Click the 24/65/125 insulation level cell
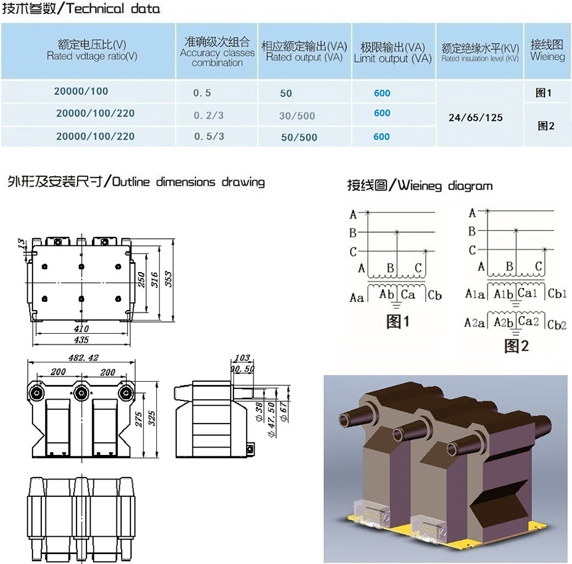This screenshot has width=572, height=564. (476, 118)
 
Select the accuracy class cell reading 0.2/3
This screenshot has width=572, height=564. (208, 115)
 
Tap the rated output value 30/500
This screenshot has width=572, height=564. (297, 116)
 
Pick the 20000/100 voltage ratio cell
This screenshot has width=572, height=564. (82, 92)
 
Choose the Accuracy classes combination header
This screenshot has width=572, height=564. (217, 52)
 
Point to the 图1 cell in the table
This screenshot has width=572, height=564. (544, 93)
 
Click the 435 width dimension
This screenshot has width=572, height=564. (80, 340)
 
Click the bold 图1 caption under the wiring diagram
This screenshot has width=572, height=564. (398, 323)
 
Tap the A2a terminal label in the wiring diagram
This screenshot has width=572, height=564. (474, 323)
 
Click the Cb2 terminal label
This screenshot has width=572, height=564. (557, 325)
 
